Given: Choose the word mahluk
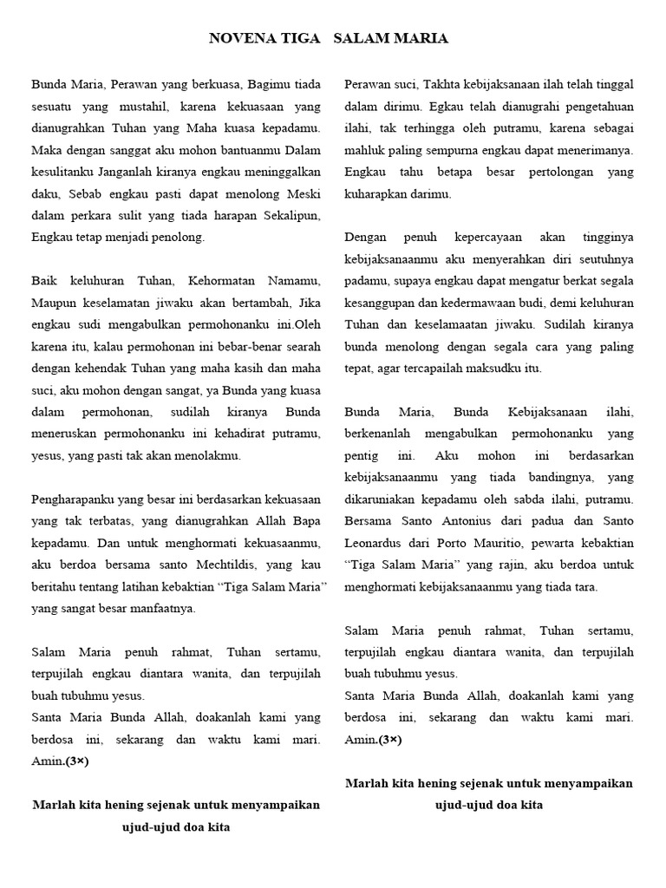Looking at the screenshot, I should tap(363, 150).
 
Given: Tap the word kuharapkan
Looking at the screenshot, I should tap(378, 193).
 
